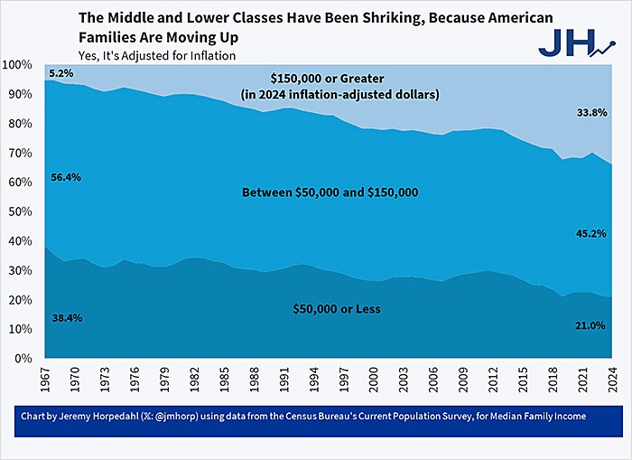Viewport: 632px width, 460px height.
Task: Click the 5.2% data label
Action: (x=61, y=72)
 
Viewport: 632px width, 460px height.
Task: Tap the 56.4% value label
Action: (x=65, y=177)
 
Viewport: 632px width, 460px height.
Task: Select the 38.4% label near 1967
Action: (x=65, y=318)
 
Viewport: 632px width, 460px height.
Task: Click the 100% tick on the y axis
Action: (x=17, y=66)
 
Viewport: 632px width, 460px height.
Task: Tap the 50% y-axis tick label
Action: (x=20, y=212)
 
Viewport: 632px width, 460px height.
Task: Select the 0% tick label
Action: (x=23, y=359)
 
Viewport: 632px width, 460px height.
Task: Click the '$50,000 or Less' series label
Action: (x=336, y=309)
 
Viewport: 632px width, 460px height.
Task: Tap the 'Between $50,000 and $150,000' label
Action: (x=336, y=192)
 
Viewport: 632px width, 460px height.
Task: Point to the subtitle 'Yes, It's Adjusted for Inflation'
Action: (x=157, y=55)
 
